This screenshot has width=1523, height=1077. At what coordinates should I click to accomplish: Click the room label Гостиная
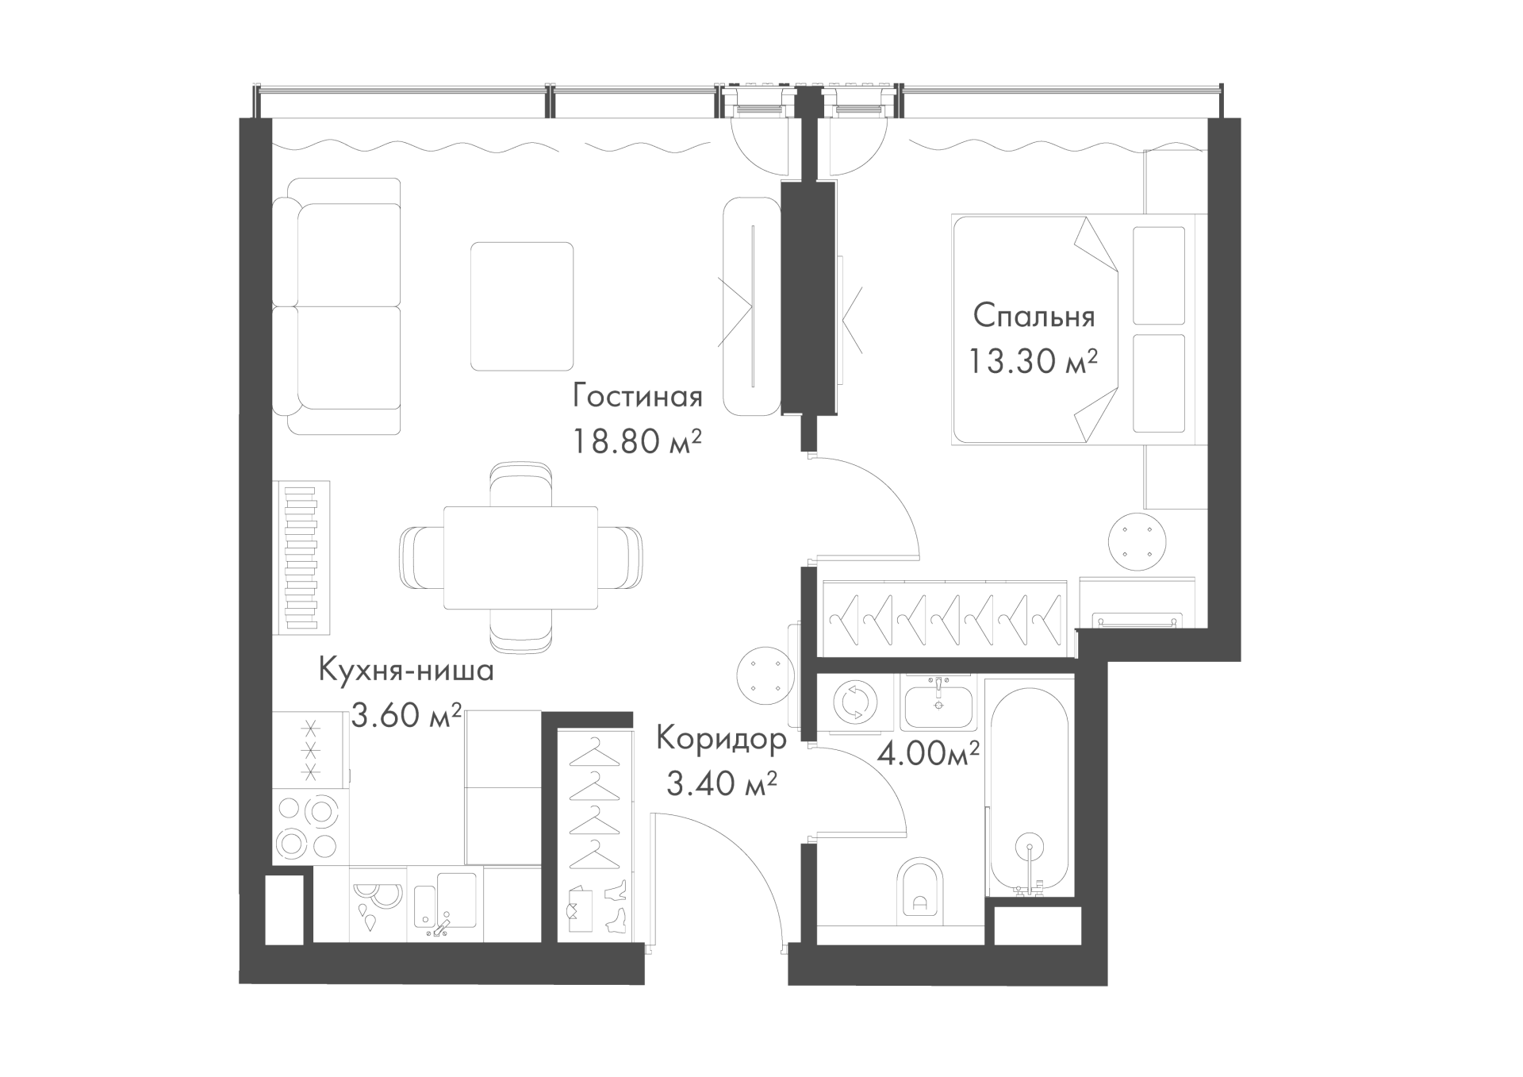(638, 396)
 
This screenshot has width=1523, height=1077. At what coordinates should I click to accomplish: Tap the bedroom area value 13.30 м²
(1033, 361)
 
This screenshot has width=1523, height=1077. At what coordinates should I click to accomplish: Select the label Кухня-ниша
(406, 671)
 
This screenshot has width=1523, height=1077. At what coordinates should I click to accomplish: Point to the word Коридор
(721, 740)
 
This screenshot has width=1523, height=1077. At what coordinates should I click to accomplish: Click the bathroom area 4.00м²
(927, 753)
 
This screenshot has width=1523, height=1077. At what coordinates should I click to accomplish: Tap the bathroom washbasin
(938, 702)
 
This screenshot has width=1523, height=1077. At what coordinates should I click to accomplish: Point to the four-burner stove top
(309, 825)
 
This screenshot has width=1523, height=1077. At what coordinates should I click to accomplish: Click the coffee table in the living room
(522, 306)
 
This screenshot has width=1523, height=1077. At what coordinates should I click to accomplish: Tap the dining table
(520, 558)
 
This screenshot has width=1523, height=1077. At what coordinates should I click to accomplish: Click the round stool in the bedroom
(1137, 542)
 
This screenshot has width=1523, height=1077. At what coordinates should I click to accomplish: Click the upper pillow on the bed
(1159, 275)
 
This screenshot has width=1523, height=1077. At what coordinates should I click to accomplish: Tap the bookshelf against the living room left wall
(301, 558)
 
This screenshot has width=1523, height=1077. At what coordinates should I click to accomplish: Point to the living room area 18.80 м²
(638, 440)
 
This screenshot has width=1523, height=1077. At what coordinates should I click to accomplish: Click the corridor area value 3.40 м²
(721, 785)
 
